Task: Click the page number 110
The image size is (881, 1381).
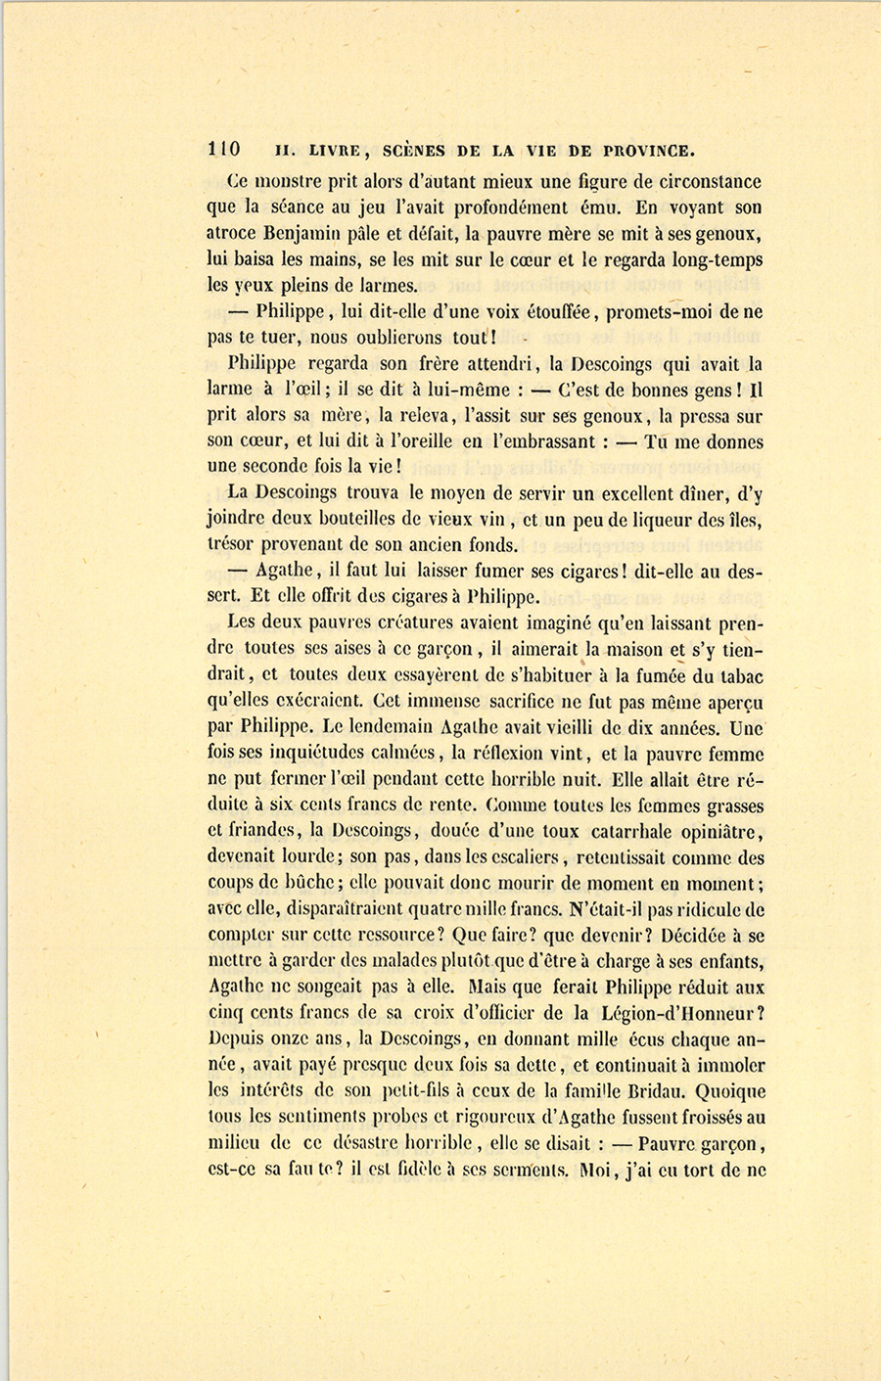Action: pyautogui.click(x=224, y=150)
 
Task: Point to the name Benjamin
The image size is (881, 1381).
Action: pyautogui.click(x=304, y=234)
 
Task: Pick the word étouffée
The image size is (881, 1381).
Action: pyautogui.click(x=547, y=312)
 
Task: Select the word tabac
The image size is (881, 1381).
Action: pyautogui.click(x=740, y=675)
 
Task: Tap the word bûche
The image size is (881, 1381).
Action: pyautogui.click(x=299, y=884)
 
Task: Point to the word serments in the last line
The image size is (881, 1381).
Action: pyautogui.click(x=525, y=1170)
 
